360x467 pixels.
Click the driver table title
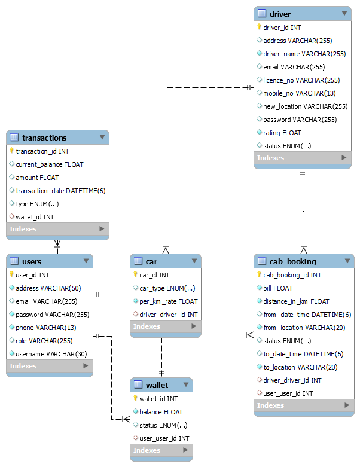click(x=280, y=14)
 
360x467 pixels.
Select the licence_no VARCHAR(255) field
click(x=301, y=80)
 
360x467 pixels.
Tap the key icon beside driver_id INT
click(x=259, y=28)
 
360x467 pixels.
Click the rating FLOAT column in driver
click(x=282, y=133)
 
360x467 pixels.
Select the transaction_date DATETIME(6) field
click(x=60, y=191)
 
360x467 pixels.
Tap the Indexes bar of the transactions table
click(x=57, y=229)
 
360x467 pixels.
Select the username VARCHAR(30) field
click(x=51, y=354)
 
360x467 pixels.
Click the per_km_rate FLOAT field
click(x=168, y=301)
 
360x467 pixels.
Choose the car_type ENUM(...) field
click(x=167, y=288)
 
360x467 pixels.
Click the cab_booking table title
click(x=292, y=261)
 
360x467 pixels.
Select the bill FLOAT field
click(x=278, y=288)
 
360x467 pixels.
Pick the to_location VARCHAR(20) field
click(x=300, y=367)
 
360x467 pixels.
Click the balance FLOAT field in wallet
click(x=161, y=412)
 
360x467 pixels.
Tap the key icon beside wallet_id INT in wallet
click(x=135, y=398)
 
